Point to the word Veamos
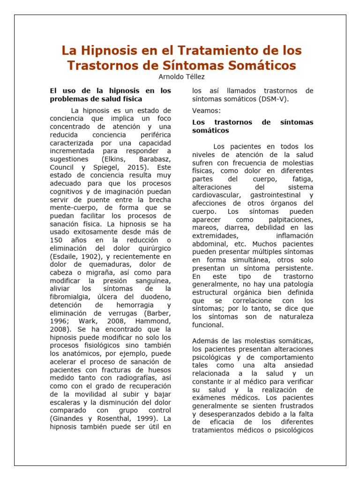[x=206, y=111]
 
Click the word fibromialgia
[x=72, y=297]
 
